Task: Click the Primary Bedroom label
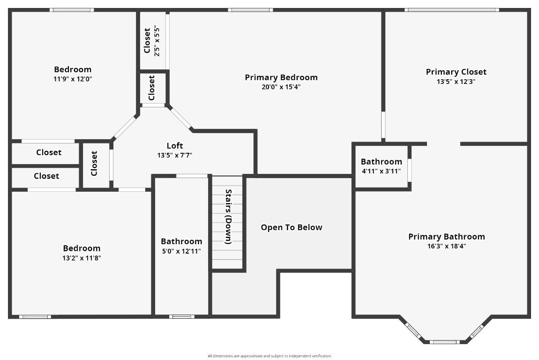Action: click(x=281, y=77)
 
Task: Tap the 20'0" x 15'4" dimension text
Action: click(x=281, y=87)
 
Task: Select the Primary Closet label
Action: click(x=456, y=72)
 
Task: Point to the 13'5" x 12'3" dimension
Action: click(x=456, y=82)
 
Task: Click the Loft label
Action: click(x=175, y=146)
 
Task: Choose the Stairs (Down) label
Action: click(x=228, y=217)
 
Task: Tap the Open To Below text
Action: click(x=292, y=227)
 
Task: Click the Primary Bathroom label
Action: click(x=446, y=237)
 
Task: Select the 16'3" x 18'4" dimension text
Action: click(x=446, y=247)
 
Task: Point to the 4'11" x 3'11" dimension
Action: click(x=381, y=171)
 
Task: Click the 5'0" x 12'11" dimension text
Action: click(x=181, y=251)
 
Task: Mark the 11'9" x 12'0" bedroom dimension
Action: click(x=73, y=79)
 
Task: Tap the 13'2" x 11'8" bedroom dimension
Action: click(x=82, y=258)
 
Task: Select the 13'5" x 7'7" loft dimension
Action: click(x=175, y=155)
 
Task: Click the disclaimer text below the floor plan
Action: click(x=269, y=356)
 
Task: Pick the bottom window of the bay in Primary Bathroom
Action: click(x=444, y=342)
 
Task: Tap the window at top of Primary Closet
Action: click(x=451, y=9)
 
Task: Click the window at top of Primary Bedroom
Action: click(x=250, y=9)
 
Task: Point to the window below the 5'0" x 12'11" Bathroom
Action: click(x=181, y=316)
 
